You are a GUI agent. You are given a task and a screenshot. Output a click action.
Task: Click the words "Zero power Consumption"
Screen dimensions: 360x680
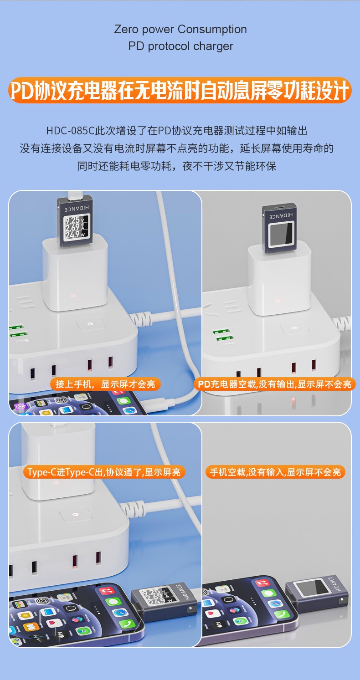coord(180,30)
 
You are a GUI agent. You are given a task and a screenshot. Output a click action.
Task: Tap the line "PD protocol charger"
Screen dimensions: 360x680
coord(180,46)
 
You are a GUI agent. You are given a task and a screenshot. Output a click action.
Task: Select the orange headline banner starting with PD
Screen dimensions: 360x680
coord(180,90)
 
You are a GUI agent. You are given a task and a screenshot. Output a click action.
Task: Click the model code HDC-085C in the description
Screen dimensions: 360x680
coord(71,131)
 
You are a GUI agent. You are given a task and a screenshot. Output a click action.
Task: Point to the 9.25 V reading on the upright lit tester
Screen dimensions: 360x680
coord(73,220)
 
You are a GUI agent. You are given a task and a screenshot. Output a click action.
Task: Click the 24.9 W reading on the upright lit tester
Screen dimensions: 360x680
coord(73,235)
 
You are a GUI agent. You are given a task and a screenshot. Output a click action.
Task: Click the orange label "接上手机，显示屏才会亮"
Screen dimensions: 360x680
coord(105,384)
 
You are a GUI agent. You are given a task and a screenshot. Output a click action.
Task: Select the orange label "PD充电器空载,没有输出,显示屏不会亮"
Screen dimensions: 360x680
coord(274,384)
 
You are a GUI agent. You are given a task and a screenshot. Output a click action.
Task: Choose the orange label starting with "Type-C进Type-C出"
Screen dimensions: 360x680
coord(104,472)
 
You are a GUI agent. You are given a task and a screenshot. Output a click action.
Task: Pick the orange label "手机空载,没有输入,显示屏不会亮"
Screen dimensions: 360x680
coord(275,472)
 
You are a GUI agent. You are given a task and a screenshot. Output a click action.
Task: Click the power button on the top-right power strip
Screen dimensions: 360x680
coord(293,328)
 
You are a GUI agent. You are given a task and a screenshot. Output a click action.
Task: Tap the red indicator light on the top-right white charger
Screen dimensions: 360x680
coord(278,301)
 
